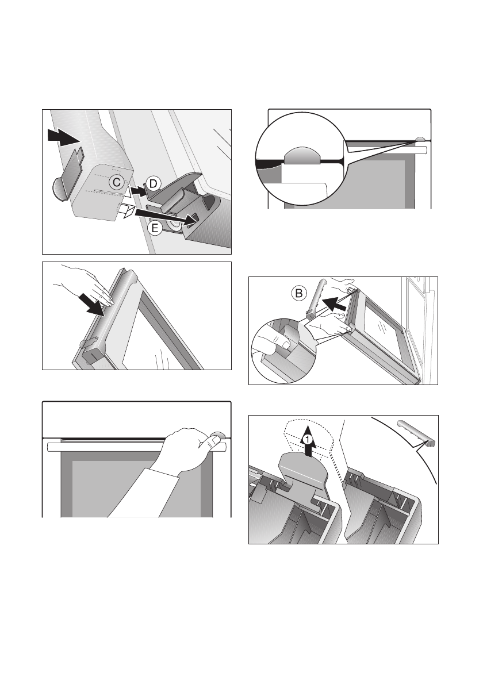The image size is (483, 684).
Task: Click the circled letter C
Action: [x=117, y=182]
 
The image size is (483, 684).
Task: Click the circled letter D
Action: [x=152, y=184]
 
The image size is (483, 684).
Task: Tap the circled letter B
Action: [x=299, y=293]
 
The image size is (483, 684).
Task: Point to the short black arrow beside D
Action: [x=139, y=191]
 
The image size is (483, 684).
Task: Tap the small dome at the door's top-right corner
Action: [x=420, y=139]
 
